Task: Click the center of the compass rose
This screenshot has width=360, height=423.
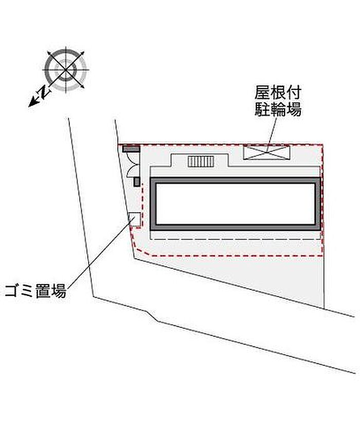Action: point(66,70)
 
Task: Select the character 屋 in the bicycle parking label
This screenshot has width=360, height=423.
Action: point(262,93)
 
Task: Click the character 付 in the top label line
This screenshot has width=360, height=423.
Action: point(293,93)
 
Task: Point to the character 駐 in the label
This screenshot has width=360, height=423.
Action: point(262,109)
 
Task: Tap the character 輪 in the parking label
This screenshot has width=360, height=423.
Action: point(278,109)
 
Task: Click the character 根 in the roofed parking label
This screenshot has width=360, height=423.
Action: point(278,93)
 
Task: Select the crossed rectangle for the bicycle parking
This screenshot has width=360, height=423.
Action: point(266,153)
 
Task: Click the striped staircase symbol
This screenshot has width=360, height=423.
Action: point(201,161)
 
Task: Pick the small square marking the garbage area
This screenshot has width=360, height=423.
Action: point(134,219)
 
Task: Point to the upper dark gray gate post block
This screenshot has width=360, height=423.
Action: point(131,149)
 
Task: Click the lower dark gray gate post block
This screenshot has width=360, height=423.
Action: point(137,182)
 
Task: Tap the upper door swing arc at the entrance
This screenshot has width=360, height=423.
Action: point(133,158)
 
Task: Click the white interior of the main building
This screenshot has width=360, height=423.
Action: point(236,204)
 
